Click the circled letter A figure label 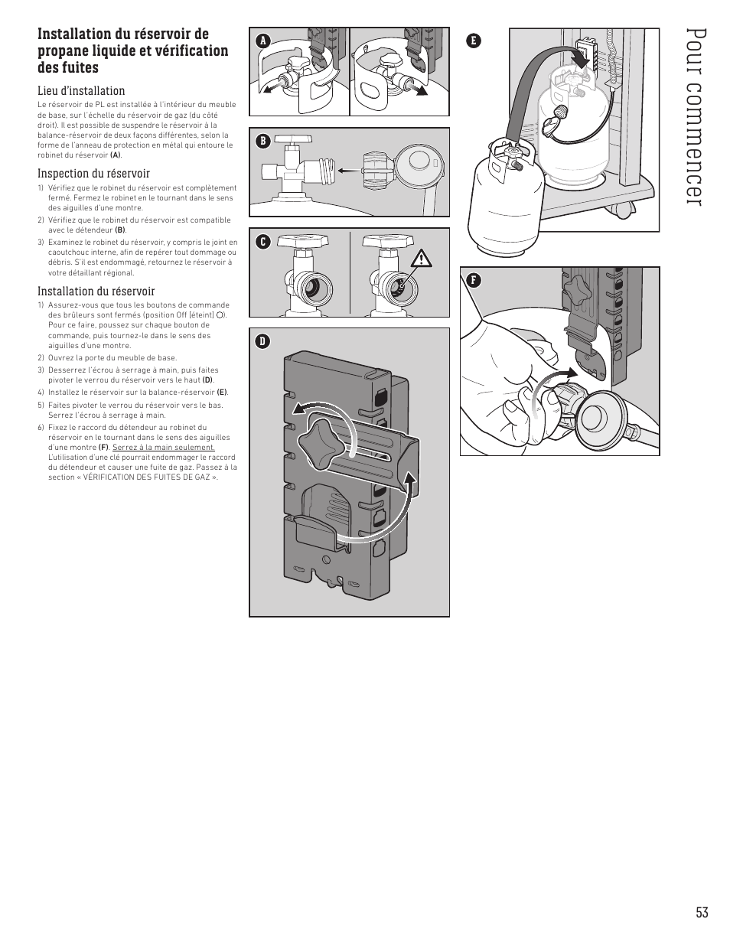(262, 41)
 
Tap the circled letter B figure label (262, 142)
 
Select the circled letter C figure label (262, 242)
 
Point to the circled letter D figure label (262, 341)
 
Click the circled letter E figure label (474, 41)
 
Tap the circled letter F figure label (474, 280)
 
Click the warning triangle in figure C (421, 259)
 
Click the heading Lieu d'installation (81, 90)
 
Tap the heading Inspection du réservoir (93, 173)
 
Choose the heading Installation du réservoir (96, 291)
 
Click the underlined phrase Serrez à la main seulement (164, 447)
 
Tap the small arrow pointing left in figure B (348, 171)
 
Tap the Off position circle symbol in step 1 (220, 314)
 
